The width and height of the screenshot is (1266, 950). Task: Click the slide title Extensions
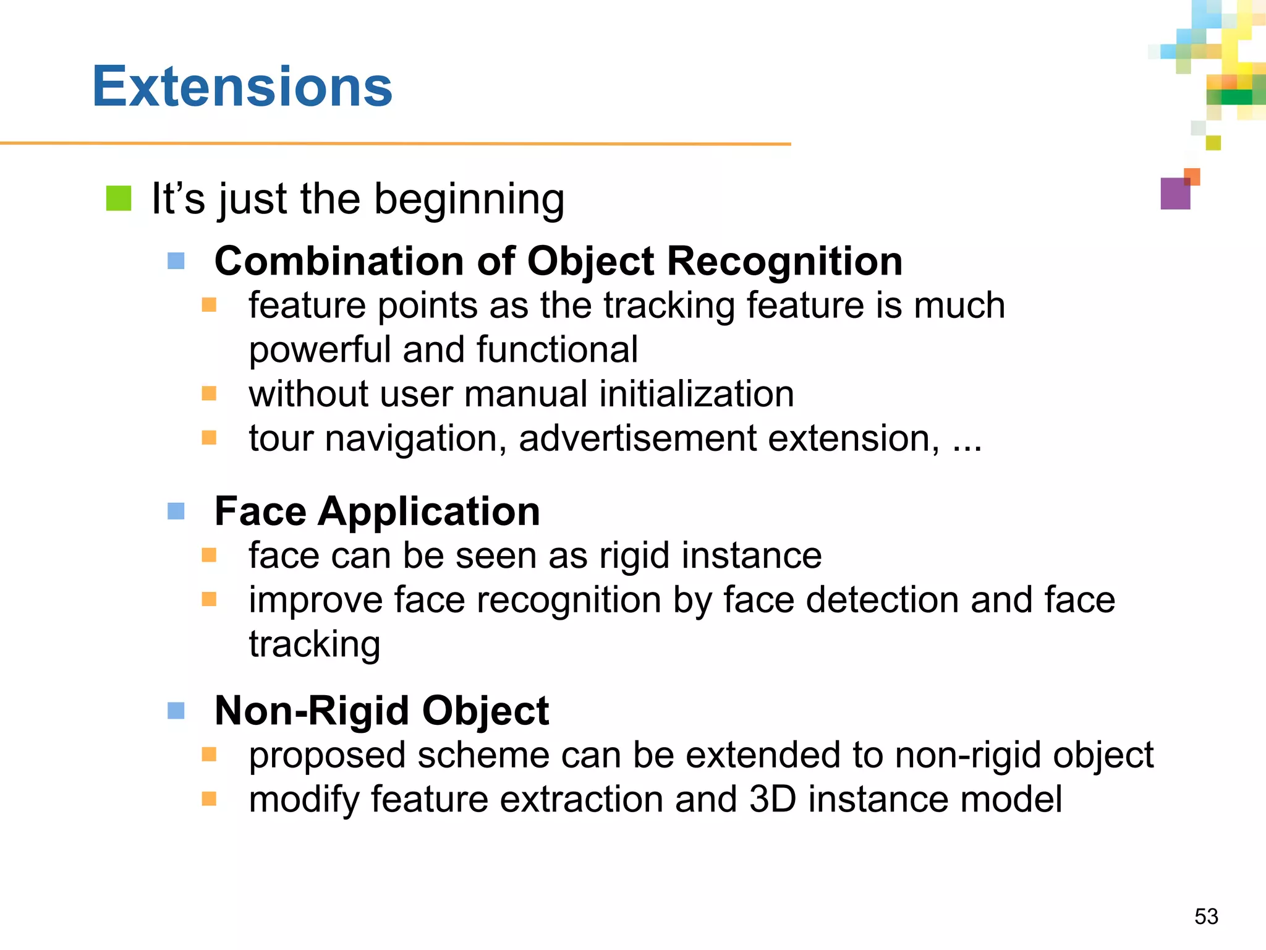242,87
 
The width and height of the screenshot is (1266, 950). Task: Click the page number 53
1206,916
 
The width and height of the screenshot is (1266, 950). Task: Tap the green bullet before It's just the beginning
119,199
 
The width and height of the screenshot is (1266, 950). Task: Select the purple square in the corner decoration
1175,194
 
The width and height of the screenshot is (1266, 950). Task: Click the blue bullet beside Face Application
176,511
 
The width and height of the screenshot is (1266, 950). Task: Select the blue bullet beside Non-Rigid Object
176,710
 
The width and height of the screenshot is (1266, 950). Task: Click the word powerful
320,350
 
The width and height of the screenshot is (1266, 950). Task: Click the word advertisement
637,439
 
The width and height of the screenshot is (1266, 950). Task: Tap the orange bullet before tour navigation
209,438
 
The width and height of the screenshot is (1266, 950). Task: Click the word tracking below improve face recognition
314,644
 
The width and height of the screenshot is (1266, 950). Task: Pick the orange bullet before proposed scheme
209,755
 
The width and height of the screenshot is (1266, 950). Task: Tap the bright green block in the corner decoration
1236,97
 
